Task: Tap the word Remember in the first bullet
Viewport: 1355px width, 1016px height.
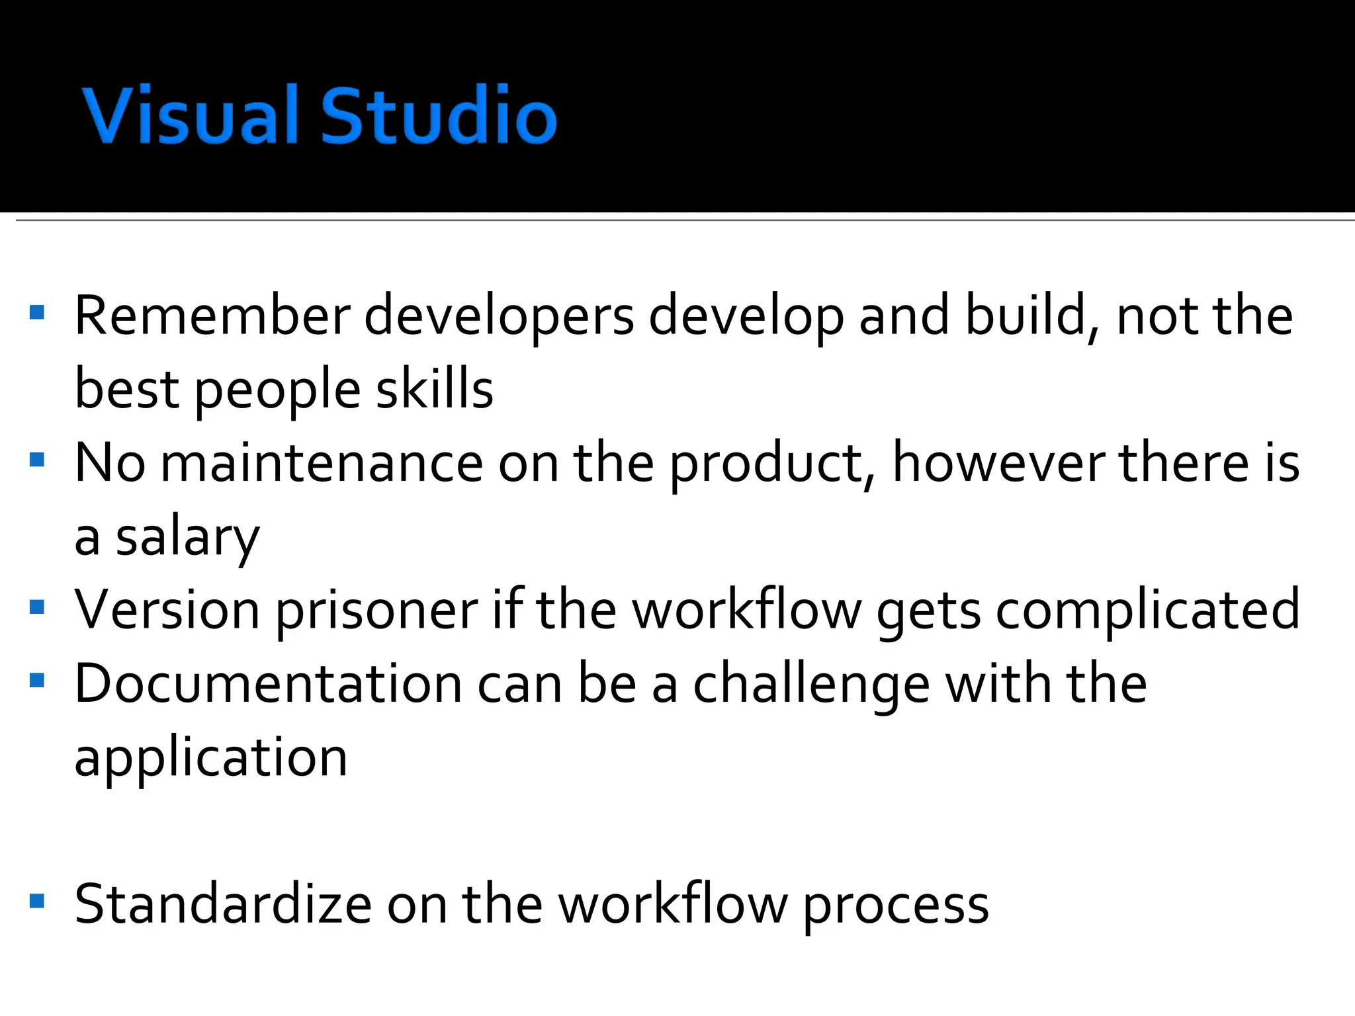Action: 212,316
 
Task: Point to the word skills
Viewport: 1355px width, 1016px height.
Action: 435,389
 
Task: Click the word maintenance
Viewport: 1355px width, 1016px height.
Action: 322,463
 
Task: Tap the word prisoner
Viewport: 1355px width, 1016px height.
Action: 376,611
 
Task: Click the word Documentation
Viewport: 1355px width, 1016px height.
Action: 268,684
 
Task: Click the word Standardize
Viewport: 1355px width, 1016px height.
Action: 224,904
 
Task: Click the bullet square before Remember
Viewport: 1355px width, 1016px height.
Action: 37,312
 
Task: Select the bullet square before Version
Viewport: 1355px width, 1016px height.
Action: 37,607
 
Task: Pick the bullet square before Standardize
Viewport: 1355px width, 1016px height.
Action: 37,901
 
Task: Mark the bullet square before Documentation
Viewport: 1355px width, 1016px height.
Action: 37,680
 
